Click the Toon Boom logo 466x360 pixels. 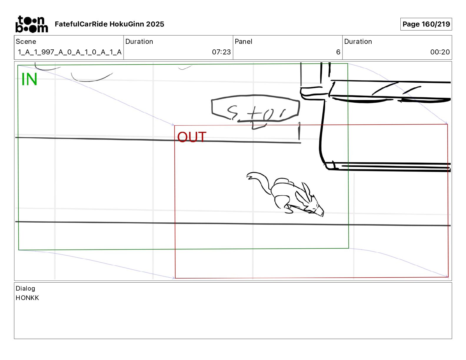pyautogui.click(x=31, y=24)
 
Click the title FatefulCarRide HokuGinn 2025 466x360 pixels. pyautogui.click(x=109, y=24)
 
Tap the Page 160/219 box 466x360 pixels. pyautogui.click(x=426, y=24)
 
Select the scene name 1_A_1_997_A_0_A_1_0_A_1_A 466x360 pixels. pyautogui.click(x=70, y=52)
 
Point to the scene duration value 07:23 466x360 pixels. pyautogui.click(x=221, y=52)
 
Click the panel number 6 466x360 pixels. pyautogui.click(x=338, y=52)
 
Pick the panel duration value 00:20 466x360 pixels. pyautogui.click(x=440, y=52)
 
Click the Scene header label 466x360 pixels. pyautogui.click(x=26, y=41)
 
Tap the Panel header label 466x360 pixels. pyautogui.click(x=243, y=41)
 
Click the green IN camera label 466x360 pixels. pyautogui.click(x=29, y=79)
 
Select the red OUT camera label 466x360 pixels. pyautogui.click(x=192, y=137)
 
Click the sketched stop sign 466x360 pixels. pyautogui.click(x=255, y=108)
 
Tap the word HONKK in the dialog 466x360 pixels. pyautogui.click(x=27, y=298)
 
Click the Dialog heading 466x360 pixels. pyautogui.click(x=25, y=289)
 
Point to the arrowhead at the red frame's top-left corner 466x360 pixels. pyautogui.click(x=173, y=125)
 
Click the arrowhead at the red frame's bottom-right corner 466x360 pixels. pyautogui.click(x=447, y=276)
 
